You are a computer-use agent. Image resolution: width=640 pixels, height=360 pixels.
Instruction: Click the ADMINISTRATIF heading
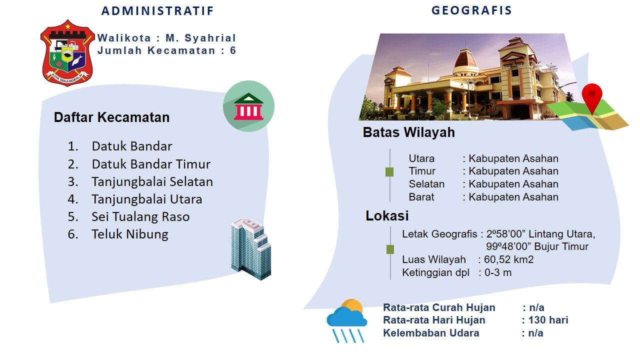pos(157,11)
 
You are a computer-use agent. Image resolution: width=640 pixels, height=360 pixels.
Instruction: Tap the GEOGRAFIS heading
pos(471,10)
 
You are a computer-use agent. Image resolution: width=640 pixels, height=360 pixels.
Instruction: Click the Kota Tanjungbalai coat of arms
pos(67,52)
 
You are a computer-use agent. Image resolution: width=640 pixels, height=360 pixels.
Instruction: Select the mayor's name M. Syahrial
pos(200,37)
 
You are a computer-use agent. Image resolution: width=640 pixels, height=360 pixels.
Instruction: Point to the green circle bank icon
pos(248,106)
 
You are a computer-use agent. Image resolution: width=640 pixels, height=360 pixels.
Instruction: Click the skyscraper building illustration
pos(251,249)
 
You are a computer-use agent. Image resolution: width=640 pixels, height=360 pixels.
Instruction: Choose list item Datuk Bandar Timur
pos(151,164)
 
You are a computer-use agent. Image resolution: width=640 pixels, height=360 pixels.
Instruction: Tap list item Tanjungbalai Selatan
pos(152,182)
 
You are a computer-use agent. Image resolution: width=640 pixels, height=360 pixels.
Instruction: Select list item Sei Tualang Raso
pos(140,217)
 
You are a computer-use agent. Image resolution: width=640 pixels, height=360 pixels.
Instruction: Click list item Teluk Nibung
pos(130,234)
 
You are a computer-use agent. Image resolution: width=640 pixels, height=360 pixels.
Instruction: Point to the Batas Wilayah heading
pos(408,132)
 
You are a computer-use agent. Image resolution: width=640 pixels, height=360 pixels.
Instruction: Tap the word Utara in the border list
pos(421,158)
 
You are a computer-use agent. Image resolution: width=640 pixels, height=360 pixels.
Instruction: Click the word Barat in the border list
pos(421,197)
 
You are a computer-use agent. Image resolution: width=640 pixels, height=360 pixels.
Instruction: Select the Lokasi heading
pos(387,215)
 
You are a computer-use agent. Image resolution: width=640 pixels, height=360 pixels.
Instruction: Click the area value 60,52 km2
pos(509,259)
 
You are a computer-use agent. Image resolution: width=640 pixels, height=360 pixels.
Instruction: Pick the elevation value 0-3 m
pos(498,272)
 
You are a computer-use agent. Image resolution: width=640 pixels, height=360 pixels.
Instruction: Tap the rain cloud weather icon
pos(347,320)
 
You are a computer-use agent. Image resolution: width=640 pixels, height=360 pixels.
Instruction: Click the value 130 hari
pos(548,320)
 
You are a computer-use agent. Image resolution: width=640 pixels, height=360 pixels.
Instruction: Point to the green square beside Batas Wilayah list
pos(389,172)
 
